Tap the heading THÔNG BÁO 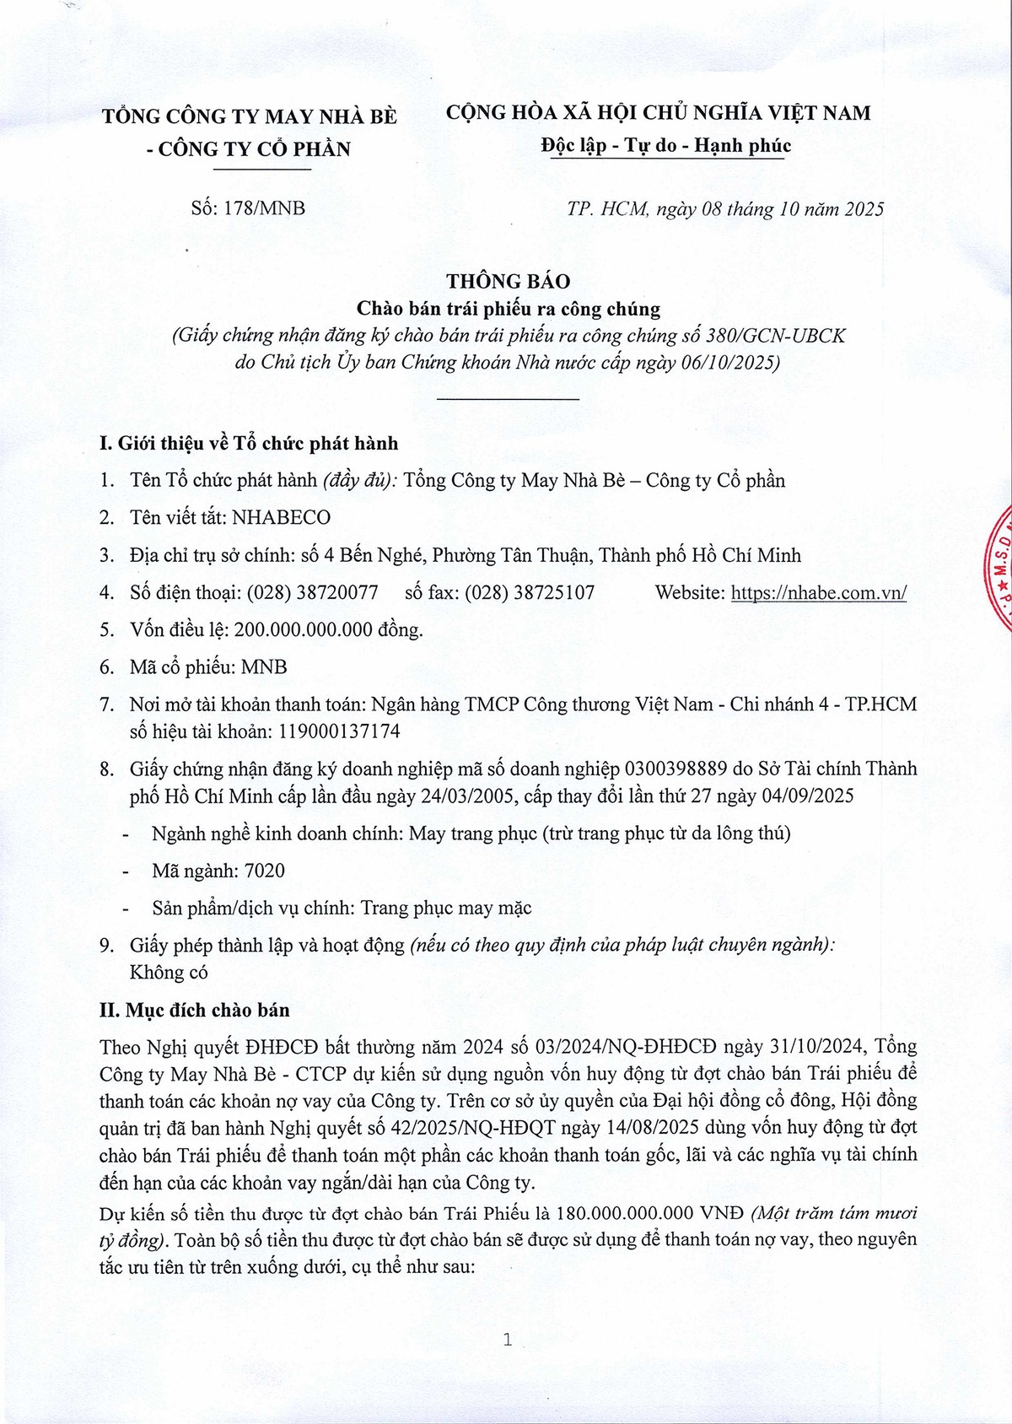pos(508,281)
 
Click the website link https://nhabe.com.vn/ pos(818,592)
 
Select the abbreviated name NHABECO pos(281,517)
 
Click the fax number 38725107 pos(554,592)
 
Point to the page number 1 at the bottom pos(507,1339)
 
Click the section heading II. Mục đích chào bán pos(194,1010)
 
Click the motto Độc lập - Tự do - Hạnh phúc pos(665,146)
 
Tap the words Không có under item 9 pos(169,972)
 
